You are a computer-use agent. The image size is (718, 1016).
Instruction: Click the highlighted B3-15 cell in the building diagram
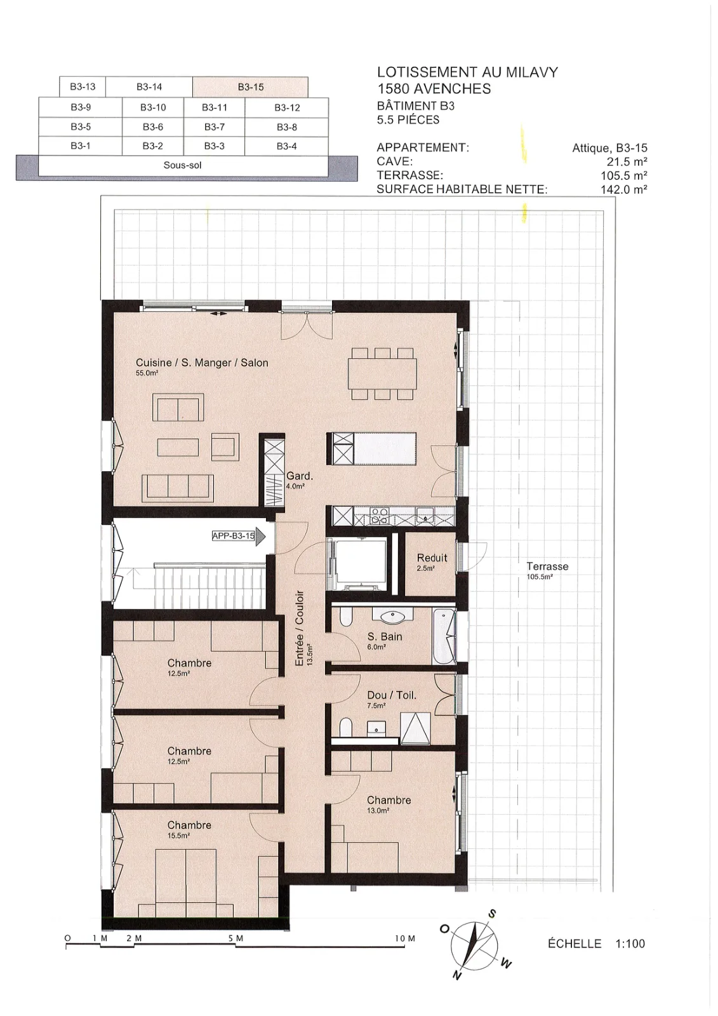tap(250, 86)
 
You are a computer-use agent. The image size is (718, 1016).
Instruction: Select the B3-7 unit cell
tap(214, 127)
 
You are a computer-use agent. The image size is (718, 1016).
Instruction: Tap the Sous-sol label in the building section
tap(182, 165)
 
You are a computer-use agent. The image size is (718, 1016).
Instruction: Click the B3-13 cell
tap(83, 86)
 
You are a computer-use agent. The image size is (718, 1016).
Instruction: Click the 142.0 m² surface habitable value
tap(623, 190)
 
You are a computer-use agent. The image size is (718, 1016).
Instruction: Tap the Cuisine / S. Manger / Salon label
tap(202, 363)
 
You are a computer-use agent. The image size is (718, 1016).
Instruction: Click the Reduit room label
tap(432, 558)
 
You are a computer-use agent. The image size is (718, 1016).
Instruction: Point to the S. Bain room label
tap(385, 637)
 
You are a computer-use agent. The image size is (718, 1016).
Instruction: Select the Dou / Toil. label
tap(392, 695)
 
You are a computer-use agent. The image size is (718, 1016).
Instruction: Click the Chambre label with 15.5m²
tap(189, 825)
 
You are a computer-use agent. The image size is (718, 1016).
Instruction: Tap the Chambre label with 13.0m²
tap(389, 800)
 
